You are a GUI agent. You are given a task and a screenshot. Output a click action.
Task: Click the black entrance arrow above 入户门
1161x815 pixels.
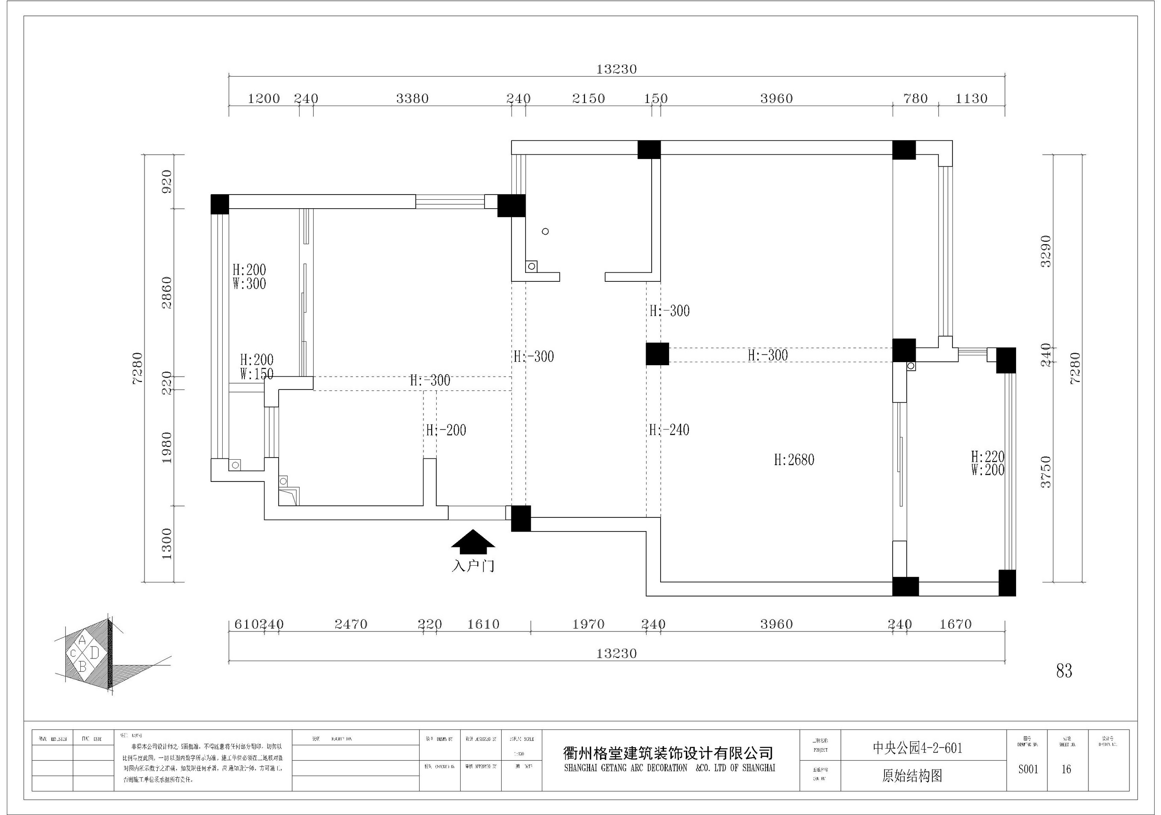tap(473, 539)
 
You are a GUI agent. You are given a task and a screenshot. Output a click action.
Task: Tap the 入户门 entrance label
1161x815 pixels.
tap(473, 566)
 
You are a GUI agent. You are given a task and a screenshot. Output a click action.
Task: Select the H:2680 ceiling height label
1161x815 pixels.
tap(794, 460)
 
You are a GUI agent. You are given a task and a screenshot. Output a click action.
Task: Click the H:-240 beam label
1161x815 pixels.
tap(669, 430)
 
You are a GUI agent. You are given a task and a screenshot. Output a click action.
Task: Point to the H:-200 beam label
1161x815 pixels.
tap(446, 431)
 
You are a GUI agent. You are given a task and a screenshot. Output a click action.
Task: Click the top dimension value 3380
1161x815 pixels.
tap(412, 99)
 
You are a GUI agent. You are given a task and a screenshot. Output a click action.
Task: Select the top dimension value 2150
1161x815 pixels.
tap(588, 99)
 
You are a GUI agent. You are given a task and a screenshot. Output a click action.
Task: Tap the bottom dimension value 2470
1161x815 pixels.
tap(351, 624)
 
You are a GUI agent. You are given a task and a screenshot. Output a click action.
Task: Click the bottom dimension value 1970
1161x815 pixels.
tap(588, 624)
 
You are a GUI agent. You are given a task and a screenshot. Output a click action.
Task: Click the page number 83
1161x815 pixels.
tap(1064, 671)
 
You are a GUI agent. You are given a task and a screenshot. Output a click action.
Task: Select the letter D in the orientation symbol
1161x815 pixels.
tap(94, 653)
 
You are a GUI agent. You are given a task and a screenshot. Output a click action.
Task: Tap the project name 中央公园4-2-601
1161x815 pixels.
tap(917, 748)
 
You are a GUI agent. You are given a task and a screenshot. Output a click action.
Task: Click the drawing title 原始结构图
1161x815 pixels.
tap(912, 776)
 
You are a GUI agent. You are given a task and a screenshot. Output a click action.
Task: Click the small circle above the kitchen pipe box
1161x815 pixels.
tap(545, 231)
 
